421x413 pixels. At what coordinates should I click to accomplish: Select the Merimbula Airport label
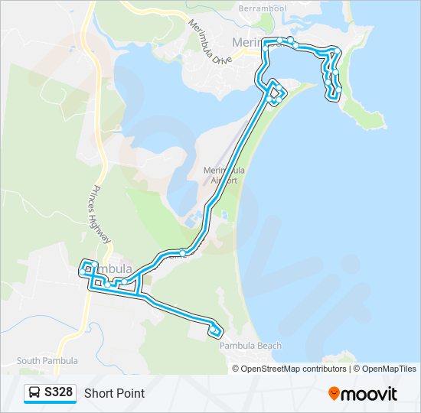point(224,175)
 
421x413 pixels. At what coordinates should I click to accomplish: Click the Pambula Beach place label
point(250,346)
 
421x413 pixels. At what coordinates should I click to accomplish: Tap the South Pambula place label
point(47,361)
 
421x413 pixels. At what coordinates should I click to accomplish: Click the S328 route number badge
point(59,393)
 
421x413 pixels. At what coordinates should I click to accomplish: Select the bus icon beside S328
point(34,393)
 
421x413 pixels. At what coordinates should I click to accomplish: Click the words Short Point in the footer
point(114,394)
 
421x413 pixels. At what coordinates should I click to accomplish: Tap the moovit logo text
point(369,394)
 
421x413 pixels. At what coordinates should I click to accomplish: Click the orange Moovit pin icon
point(334,394)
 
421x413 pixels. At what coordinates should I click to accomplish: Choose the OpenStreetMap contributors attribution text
point(294,369)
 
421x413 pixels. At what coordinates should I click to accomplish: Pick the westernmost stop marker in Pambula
point(82,272)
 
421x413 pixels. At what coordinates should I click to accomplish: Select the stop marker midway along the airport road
point(183,253)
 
